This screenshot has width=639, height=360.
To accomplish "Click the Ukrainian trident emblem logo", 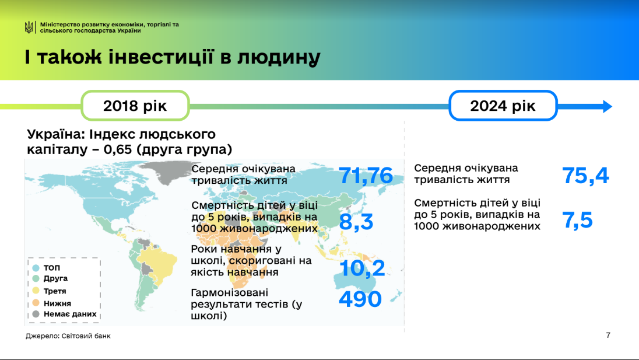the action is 29,27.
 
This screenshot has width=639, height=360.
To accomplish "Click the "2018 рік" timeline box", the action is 135,106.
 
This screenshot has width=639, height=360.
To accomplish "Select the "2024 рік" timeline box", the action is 503,106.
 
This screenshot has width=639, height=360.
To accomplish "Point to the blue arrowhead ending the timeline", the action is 607,106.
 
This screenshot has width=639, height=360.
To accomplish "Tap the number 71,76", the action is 366,176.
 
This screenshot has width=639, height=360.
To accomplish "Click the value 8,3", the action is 356,222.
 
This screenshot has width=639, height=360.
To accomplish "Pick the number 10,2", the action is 362,268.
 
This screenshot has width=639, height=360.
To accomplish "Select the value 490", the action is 360,299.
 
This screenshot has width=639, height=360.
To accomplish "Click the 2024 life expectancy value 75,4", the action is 585,176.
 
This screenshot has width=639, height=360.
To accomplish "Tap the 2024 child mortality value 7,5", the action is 578,220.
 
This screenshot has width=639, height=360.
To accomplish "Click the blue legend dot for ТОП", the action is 36,268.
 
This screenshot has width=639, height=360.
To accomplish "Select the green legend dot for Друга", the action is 36,278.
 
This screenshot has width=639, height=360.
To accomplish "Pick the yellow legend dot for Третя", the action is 36,291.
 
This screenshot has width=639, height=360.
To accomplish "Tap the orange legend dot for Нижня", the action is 36,303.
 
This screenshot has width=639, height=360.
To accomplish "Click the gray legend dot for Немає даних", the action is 36,314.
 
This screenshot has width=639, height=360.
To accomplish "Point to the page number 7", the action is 608,335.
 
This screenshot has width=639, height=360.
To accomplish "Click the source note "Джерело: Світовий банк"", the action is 68,336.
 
